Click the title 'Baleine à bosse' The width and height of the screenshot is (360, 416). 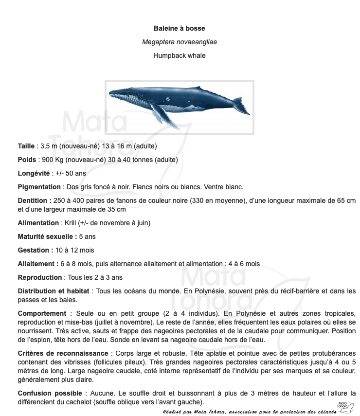(x=179, y=29)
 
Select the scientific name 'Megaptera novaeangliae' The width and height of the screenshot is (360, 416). (x=179, y=42)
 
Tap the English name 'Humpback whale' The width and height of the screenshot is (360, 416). (x=179, y=55)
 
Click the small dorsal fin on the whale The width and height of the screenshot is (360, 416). (x=198, y=88)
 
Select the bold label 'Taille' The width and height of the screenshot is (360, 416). (x=26, y=146)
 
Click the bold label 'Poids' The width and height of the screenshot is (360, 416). (x=27, y=160)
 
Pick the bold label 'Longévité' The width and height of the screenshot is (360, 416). (x=34, y=173)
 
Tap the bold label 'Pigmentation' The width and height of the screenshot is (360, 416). (x=39, y=187)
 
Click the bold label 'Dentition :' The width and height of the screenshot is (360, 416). (x=35, y=200)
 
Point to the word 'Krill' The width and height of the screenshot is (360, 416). (x=71, y=223)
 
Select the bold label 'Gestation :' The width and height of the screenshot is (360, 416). (x=35, y=250)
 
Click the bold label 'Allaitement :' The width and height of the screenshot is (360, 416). (x=38, y=264)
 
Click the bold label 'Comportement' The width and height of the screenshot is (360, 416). (x=42, y=313)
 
